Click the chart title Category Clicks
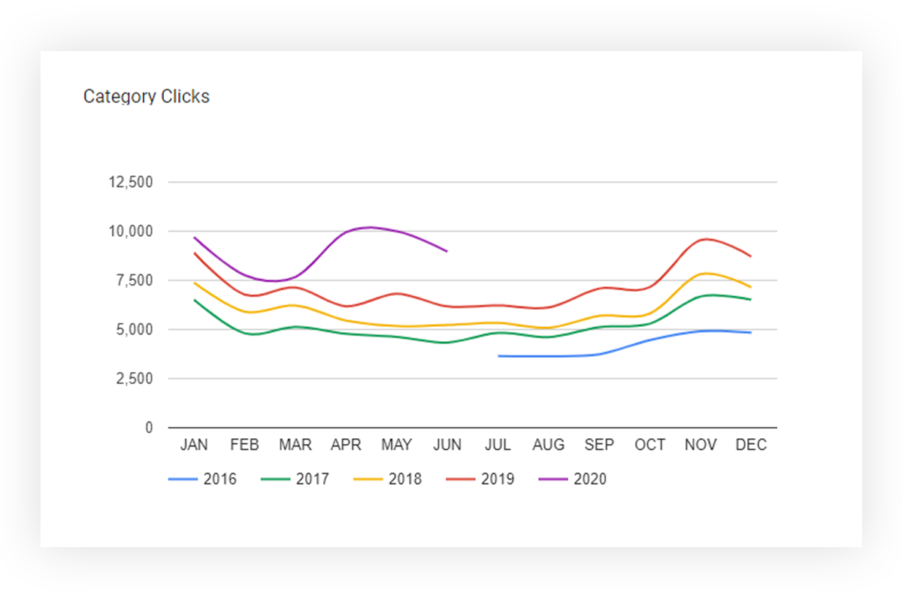[146, 97]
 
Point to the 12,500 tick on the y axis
[131, 182]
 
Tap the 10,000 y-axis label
[131, 231]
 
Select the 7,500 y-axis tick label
[135, 280]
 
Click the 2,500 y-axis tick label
[135, 379]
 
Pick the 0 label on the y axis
[149, 428]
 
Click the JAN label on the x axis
[194, 445]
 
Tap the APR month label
[346, 445]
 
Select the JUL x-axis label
[498, 445]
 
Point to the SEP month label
[599, 445]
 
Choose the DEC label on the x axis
[751, 445]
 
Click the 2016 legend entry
[202, 479]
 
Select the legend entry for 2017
[295, 479]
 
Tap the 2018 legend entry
[388, 479]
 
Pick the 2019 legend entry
[480, 479]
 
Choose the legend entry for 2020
[573, 479]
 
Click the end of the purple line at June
[447, 251]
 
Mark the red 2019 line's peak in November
[707, 239]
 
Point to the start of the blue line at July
[498, 356]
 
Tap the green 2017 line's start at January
[195, 300]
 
